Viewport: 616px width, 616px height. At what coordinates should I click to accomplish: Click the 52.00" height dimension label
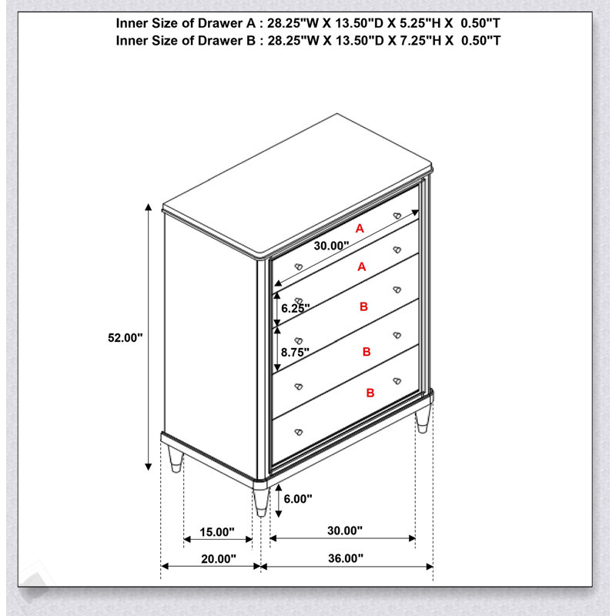click(x=126, y=337)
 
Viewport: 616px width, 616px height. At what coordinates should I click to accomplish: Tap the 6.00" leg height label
click(x=298, y=499)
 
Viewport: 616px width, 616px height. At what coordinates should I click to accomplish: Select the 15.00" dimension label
click(x=217, y=532)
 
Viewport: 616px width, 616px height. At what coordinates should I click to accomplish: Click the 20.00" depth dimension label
click(x=219, y=558)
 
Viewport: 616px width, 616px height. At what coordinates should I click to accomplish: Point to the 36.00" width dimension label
click(x=346, y=557)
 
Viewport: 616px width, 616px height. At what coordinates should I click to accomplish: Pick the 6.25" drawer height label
click(x=296, y=309)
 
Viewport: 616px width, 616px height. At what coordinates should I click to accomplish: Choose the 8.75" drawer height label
click(x=295, y=353)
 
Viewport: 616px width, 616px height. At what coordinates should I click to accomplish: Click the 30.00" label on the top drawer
click(x=331, y=246)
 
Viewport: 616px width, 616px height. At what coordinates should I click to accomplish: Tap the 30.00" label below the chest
click(x=345, y=531)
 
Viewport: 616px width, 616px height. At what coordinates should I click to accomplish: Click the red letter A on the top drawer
click(x=360, y=228)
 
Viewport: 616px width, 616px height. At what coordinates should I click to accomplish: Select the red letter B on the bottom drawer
click(x=370, y=393)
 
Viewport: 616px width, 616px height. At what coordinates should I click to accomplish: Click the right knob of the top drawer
click(x=397, y=216)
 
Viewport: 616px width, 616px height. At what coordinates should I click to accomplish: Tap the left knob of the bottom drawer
click(x=299, y=432)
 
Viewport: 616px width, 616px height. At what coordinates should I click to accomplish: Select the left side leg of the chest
click(x=176, y=459)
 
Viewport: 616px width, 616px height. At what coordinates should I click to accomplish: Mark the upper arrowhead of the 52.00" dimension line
click(x=148, y=207)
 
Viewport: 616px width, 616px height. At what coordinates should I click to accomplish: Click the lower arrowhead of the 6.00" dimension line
click(x=279, y=514)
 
